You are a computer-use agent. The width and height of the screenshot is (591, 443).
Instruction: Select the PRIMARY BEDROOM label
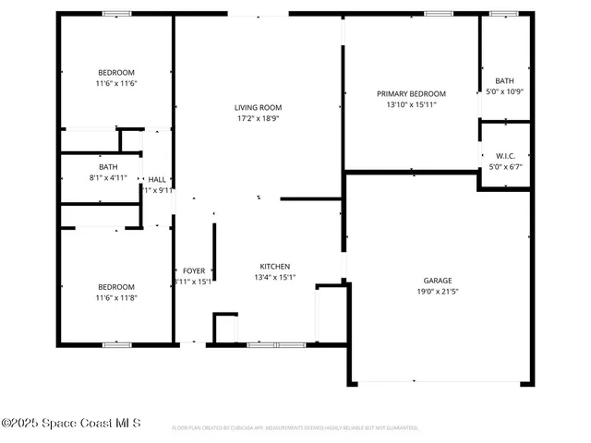[411, 93]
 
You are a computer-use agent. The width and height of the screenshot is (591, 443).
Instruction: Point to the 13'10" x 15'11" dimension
[411, 104]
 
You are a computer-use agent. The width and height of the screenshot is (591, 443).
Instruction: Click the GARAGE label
[438, 280]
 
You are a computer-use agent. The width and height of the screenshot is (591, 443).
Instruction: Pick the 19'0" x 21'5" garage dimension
[438, 291]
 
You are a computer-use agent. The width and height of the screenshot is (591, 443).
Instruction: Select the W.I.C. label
[504, 155]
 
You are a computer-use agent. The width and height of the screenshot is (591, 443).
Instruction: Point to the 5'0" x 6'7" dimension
[504, 166]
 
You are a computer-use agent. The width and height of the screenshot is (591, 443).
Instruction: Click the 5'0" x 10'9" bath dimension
[505, 91]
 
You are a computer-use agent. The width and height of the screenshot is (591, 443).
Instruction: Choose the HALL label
[158, 179]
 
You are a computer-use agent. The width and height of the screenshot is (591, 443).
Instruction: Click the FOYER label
[193, 270]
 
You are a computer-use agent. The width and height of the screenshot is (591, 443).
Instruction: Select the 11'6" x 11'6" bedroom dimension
[116, 83]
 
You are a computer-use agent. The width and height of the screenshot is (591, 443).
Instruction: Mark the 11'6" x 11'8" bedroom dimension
[116, 297]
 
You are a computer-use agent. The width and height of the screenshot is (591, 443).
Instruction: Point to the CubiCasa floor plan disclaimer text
[295, 428]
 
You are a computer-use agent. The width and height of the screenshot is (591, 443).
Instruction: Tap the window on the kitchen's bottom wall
[263, 344]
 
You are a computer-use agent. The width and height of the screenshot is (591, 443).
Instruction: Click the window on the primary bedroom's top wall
[438, 13]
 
